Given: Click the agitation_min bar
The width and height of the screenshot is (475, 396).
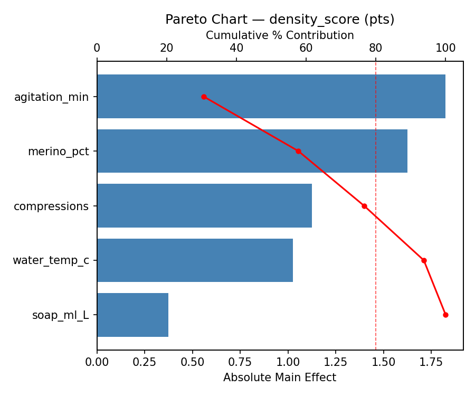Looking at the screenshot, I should tap(271, 97).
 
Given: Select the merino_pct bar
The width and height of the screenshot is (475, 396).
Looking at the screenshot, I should tap(252, 151).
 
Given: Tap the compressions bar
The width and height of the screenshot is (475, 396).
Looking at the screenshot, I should tap(204, 206).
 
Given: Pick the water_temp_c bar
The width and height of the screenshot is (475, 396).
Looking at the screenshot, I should tap(195, 260).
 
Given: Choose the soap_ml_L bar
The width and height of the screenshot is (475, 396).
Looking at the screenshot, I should tap(132, 315).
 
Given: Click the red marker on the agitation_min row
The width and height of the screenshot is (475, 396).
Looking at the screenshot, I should tap(204, 97).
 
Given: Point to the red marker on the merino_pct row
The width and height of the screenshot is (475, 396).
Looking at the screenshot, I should tap(298, 151).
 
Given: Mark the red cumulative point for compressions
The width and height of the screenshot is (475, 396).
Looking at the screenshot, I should tap(364, 206).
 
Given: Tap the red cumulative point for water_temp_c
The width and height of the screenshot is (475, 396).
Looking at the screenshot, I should tap(424, 260).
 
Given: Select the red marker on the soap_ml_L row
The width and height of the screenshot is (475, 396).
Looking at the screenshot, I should tap(445, 315).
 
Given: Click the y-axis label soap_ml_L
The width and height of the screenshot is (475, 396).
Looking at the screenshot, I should tap(60, 315).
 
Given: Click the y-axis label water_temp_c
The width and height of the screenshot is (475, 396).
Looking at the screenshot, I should tap(51, 260).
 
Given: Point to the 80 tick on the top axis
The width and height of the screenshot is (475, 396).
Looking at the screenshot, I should tap(376, 48).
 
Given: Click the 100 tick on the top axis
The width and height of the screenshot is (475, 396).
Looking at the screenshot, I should tap(445, 48).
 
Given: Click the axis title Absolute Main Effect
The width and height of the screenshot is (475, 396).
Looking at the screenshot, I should tap(280, 378).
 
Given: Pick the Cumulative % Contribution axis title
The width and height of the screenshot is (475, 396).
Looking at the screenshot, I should tap(280, 35).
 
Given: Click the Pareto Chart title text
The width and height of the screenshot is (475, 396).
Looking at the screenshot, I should tap(280, 20).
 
